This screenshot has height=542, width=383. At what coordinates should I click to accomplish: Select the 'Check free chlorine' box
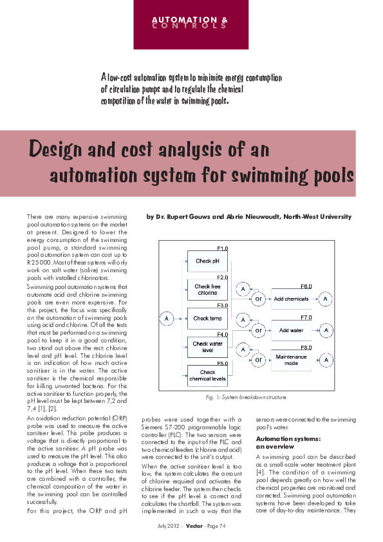pos(207,290)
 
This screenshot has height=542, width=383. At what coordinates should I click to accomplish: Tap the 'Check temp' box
pos(207,318)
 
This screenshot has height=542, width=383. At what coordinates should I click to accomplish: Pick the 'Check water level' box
pos(207,347)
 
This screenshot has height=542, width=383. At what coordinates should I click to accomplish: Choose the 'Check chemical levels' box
pos(207,375)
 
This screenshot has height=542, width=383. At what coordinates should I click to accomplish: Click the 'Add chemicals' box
pos(291,299)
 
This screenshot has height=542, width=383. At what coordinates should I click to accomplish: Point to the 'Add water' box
pos(291,330)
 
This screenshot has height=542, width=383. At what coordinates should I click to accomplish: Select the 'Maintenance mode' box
pos(291,360)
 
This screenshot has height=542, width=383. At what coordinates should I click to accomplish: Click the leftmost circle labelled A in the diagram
pos(167,318)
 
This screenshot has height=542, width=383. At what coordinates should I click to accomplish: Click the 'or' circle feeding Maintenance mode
pos(257,360)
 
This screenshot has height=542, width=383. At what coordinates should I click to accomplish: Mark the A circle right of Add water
pos(327,330)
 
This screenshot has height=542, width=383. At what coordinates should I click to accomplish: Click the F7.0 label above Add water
pos(306,317)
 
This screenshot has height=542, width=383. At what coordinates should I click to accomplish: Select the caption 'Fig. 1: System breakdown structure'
pos(247,397)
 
